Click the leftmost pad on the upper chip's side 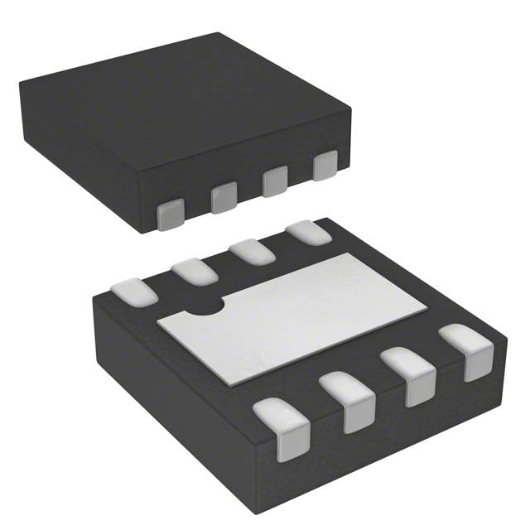(x=171, y=214)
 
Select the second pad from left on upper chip (x=223, y=198)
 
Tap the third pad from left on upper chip (x=275, y=181)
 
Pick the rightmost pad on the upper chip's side (x=326, y=166)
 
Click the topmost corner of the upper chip (x=218, y=33)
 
